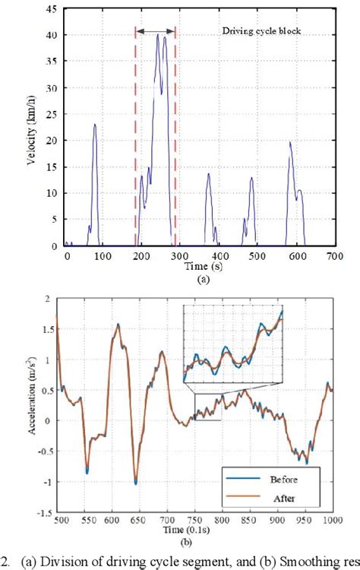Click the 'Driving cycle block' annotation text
[257, 33]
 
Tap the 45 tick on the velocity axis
[52, 10]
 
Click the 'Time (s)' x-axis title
[199, 268]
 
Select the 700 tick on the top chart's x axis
[333, 258]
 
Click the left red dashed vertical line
[136, 137]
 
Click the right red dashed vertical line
[175, 137]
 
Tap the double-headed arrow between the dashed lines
[156, 31]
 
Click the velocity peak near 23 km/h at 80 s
[95, 124]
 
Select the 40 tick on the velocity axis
[52, 36]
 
